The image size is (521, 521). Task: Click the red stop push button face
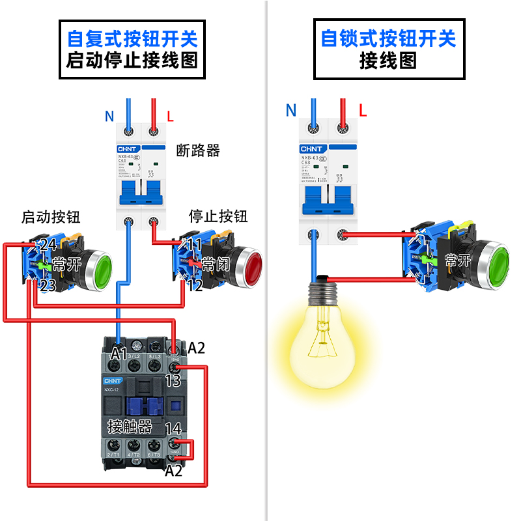tap(249, 266)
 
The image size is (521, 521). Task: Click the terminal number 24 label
tap(48, 245)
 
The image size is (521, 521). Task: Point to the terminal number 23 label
tap(46, 285)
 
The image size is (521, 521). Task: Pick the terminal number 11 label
tap(195, 245)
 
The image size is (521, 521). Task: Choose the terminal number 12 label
tap(195, 285)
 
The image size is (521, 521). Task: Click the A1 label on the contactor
tap(119, 354)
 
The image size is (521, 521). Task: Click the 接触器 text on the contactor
tap(130, 427)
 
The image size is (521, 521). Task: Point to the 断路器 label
tap(198, 150)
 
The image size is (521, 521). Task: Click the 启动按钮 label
tap(51, 217)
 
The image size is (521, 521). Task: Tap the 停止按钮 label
tap(218, 216)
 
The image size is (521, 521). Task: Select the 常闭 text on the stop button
tap(216, 264)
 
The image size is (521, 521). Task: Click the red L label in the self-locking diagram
tap(363, 111)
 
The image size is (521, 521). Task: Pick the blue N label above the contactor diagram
tap(109, 117)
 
